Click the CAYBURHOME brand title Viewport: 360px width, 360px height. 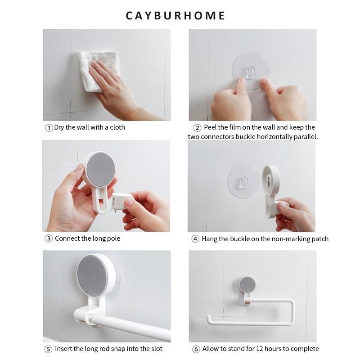tap(175, 16)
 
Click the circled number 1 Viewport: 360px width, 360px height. tap(49, 128)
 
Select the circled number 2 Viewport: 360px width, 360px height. tap(197, 128)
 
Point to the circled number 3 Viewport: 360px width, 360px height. tap(49, 238)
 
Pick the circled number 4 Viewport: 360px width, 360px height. tap(195, 239)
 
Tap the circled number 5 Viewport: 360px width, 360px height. tap(49, 349)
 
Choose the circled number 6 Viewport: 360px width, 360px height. tap(196, 349)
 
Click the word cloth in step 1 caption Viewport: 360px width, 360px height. tap(117, 127)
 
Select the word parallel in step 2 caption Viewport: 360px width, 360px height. tap(306, 137)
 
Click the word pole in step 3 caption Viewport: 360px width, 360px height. tap(114, 238)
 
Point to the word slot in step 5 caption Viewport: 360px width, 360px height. tap(156, 349)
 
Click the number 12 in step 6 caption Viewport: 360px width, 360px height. tap(260, 349)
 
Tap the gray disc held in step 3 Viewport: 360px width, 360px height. tap(101, 169)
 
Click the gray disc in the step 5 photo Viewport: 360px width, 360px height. tap(92, 275)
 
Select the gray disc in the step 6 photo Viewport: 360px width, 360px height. tap(247, 285)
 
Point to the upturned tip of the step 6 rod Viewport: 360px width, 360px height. tap(209, 319)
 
